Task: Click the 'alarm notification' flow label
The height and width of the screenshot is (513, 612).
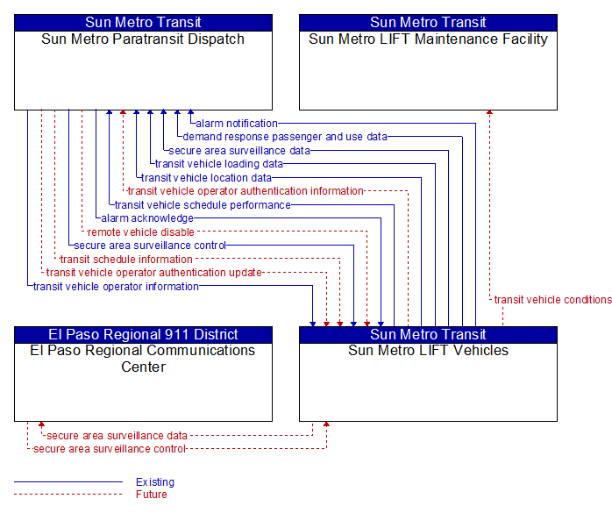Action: (x=237, y=124)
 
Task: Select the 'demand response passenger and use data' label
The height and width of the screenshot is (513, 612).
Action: (x=285, y=137)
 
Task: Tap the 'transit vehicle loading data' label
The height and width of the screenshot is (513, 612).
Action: (x=219, y=164)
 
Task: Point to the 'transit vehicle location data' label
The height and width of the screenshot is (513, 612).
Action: (x=206, y=178)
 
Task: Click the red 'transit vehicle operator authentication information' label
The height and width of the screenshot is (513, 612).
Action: (x=246, y=191)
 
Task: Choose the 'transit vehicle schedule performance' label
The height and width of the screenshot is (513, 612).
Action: (x=203, y=205)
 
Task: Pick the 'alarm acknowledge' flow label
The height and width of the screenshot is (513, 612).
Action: (x=147, y=218)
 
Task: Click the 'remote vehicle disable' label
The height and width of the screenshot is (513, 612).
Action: (x=141, y=232)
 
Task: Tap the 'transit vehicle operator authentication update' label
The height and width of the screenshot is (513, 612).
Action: (x=153, y=273)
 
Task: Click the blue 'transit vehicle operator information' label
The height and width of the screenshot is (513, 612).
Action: (x=116, y=287)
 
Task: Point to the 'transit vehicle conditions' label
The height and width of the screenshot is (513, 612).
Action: (x=552, y=299)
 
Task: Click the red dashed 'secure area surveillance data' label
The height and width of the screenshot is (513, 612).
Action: (x=117, y=435)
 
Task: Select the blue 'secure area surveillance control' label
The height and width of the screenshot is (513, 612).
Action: (x=150, y=246)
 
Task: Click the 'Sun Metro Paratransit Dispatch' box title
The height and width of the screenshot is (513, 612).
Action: (x=143, y=39)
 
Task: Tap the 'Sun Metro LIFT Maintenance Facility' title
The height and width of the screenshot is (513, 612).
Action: (x=428, y=39)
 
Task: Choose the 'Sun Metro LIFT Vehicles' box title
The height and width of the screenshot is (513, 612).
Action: (x=428, y=350)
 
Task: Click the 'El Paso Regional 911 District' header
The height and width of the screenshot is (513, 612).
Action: (x=143, y=335)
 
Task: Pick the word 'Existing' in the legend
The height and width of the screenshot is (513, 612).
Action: (x=155, y=482)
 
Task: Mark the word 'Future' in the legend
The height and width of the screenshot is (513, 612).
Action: (x=152, y=495)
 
